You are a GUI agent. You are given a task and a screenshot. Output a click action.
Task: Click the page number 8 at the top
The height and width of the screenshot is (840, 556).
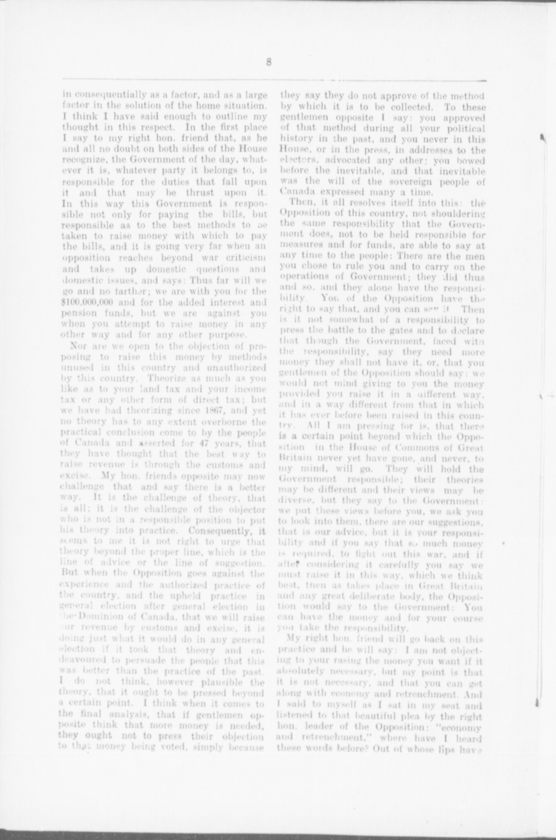(269, 62)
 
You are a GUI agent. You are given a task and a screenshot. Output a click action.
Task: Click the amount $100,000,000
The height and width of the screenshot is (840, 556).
(87, 303)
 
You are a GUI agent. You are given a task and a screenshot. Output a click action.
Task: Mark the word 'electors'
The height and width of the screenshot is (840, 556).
(300, 161)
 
